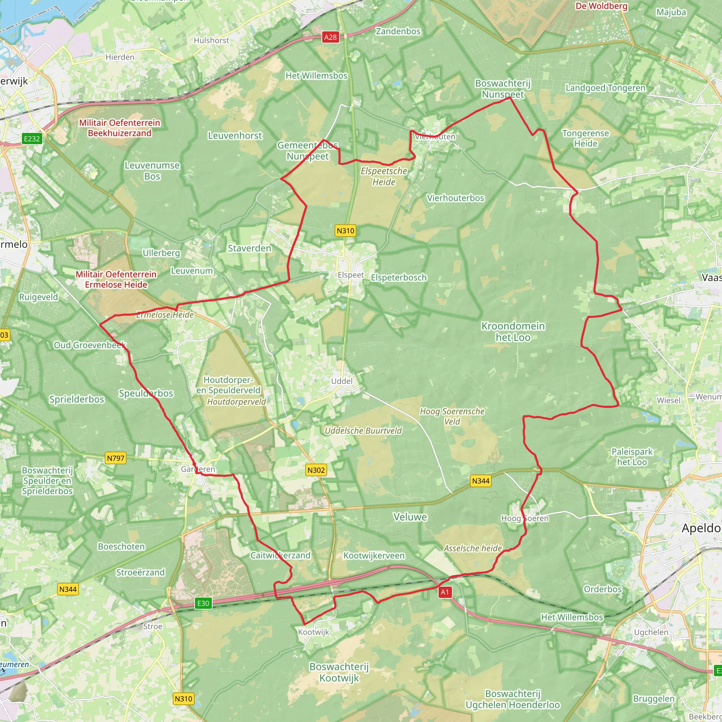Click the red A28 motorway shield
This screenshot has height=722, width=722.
click(330, 37)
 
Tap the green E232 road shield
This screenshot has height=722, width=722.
click(32, 139)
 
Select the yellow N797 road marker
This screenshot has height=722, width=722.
click(116, 458)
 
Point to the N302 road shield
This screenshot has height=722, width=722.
click(316, 470)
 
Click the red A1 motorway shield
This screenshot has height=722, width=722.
click(445, 592)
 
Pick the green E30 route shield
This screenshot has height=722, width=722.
click(203, 603)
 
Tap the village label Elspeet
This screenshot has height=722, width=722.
click(350, 275)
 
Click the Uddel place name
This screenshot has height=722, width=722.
click(342, 381)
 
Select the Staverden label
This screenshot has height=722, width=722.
click(249, 249)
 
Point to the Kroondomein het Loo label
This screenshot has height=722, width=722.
click(513, 332)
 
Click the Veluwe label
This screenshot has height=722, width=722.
click(410, 517)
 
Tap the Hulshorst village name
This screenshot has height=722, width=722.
click(211, 40)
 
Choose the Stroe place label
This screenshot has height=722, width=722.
click(153, 626)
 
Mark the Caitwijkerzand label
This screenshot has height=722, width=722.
click(280, 555)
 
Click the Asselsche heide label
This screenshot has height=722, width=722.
click(473, 548)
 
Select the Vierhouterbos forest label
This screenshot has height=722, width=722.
click(455, 198)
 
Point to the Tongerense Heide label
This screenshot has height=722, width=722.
click(586, 139)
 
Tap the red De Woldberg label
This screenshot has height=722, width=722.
click(601, 6)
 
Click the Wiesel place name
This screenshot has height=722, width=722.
click(668, 400)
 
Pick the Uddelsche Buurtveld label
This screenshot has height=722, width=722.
click(363, 431)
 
